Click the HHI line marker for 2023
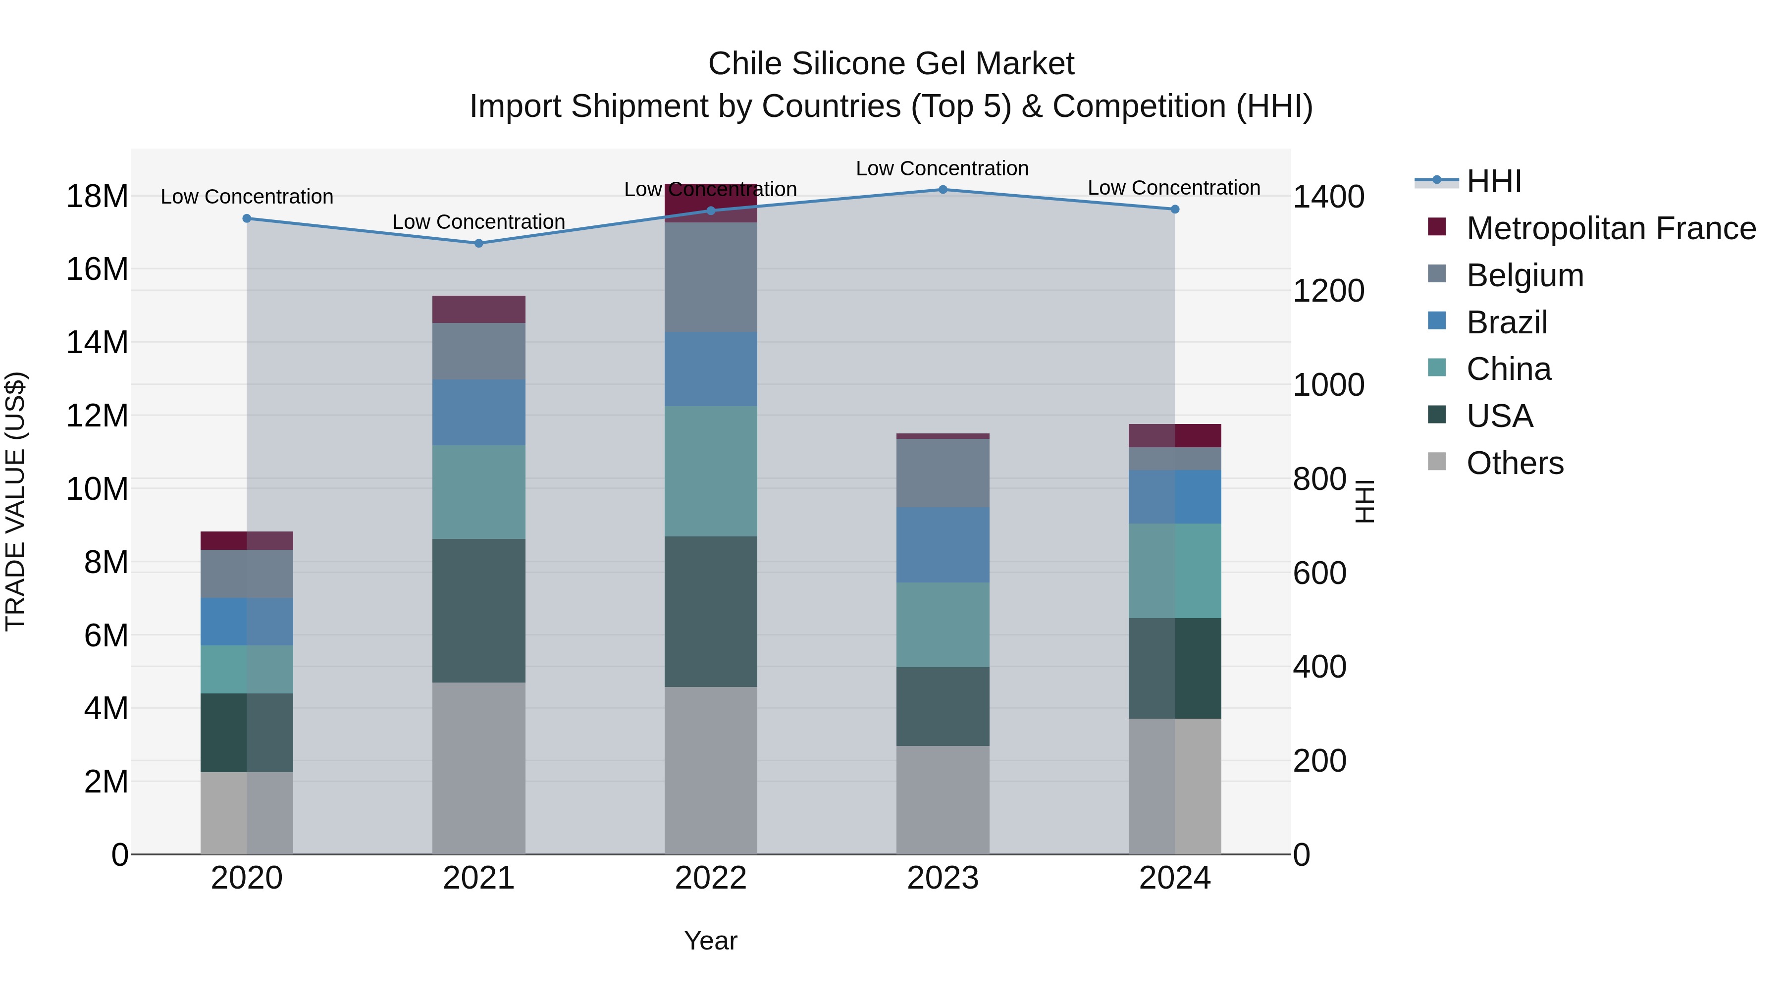coord(943,190)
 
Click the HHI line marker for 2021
coord(478,244)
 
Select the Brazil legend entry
coord(1506,322)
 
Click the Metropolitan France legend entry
coord(1611,228)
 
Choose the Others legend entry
coord(1515,463)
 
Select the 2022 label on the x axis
coord(710,878)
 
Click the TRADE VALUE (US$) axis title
coord(15,501)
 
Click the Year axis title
coord(710,941)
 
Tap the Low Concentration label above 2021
coord(478,222)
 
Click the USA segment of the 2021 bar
coord(478,611)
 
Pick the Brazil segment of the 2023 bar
coord(943,545)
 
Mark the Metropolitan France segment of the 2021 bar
coord(478,310)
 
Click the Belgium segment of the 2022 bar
coord(710,277)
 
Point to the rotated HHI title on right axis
coord(1363,501)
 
